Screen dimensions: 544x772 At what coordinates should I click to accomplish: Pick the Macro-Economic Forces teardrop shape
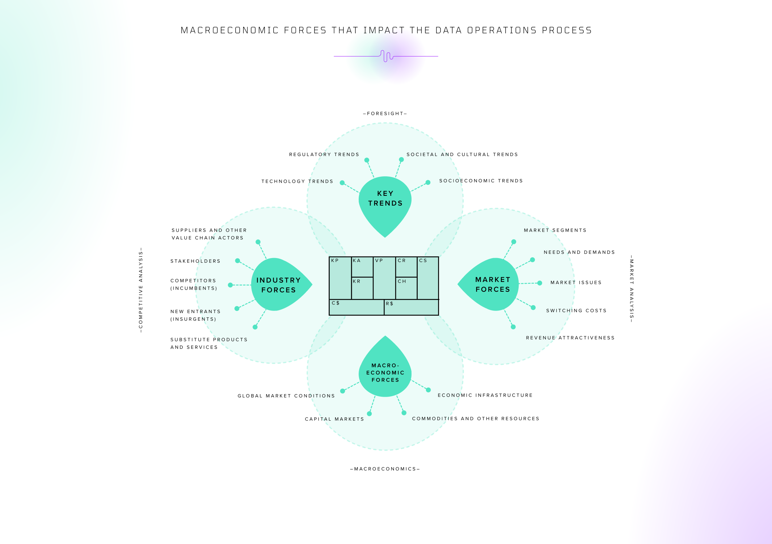click(385, 373)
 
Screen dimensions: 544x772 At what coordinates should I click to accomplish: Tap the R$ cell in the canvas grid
click(411, 308)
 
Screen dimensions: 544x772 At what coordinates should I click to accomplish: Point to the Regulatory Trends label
click(324, 155)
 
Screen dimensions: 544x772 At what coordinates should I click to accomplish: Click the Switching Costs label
click(576, 311)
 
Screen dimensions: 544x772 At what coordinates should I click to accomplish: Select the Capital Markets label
click(334, 419)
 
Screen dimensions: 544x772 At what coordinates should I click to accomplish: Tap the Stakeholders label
click(195, 261)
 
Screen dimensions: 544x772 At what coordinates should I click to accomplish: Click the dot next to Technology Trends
click(342, 183)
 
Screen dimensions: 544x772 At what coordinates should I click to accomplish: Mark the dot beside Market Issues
click(540, 283)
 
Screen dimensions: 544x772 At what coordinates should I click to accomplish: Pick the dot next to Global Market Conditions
click(342, 391)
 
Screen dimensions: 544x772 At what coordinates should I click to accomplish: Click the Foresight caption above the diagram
click(385, 114)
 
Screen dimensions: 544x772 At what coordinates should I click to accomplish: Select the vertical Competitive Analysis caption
click(141, 290)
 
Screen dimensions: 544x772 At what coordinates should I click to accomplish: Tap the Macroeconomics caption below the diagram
click(385, 469)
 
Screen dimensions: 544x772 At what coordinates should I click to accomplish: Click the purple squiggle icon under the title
click(387, 56)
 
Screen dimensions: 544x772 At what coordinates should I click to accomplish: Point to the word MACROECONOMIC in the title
click(230, 30)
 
